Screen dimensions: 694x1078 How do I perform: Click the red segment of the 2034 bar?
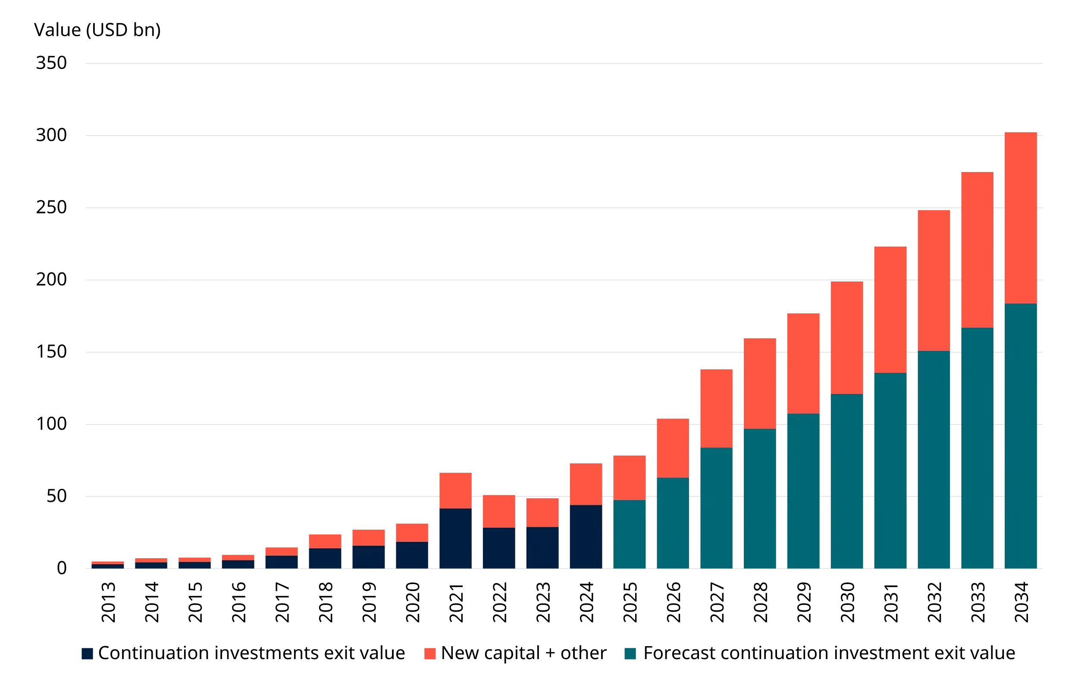tap(1021, 218)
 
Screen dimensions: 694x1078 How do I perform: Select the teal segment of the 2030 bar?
tap(847, 481)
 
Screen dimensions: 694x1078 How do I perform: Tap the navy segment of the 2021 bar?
tap(455, 538)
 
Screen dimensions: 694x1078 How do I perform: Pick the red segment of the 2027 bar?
tap(716, 408)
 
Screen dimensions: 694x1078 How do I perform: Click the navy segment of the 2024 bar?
tap(586, 536)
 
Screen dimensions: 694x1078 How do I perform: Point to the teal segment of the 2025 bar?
tap(629, 534)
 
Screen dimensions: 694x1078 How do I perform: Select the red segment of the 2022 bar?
tap(499, 511)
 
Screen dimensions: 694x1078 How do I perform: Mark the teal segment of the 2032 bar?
tap(934, 460)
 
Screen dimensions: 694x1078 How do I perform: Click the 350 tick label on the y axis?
tap(51, 63)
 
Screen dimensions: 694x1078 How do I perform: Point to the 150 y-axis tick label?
tap(51, 352)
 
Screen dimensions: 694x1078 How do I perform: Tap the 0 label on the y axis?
tap(62, 568)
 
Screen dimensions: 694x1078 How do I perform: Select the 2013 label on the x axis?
tap(108, 602)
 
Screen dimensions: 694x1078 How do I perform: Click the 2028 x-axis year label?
tap(760, 602)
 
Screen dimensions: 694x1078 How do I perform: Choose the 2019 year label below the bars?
tap(369, 602)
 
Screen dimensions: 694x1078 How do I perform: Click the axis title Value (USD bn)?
tap(97, 30)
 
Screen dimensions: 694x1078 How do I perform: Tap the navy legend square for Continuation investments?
tap(88, 653)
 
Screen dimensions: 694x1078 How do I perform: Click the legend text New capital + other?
tap(523, 653)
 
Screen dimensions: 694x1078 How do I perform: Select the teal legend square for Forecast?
tap(630, 653)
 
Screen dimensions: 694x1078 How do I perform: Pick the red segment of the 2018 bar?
tap(325, 541)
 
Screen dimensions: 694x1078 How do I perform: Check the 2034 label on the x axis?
tap(1021, 602)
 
